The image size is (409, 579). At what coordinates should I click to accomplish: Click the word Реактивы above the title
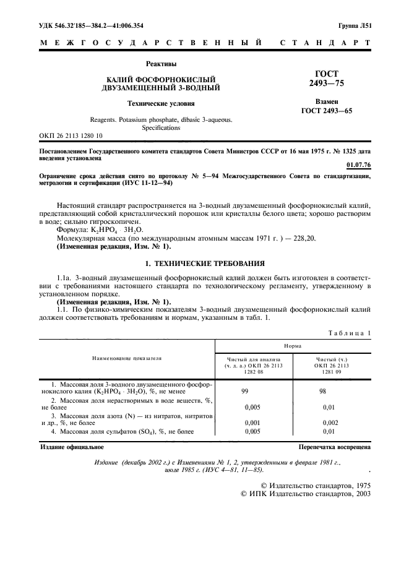[x=160, y=64]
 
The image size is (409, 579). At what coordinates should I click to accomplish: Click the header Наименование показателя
[x=127, y=358]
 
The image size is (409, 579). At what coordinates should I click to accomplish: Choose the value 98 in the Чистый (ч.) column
[x=331, y=391]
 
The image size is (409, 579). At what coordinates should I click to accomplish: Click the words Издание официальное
[x=72, y=445]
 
